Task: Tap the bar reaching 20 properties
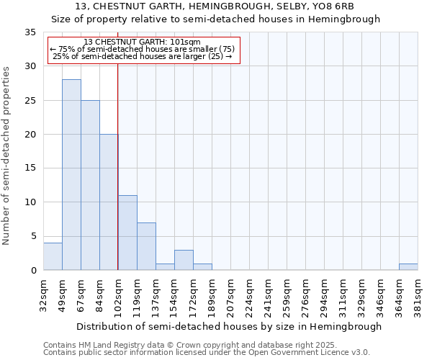click(109, 202)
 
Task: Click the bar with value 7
click(146, 246)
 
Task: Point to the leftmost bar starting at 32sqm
click(53, 256)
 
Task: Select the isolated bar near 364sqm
click(408, 267)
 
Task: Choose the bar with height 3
click(184, 260)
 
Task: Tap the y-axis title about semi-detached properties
click(7, 155)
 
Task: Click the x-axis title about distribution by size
click(228, 326)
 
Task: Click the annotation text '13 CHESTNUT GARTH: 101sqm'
click(143, 42)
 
